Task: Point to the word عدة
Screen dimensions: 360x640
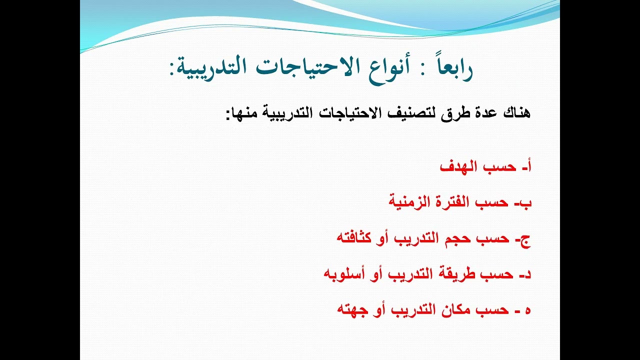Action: tap(480, 112)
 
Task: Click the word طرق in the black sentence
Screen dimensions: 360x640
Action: tap(453, 113)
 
